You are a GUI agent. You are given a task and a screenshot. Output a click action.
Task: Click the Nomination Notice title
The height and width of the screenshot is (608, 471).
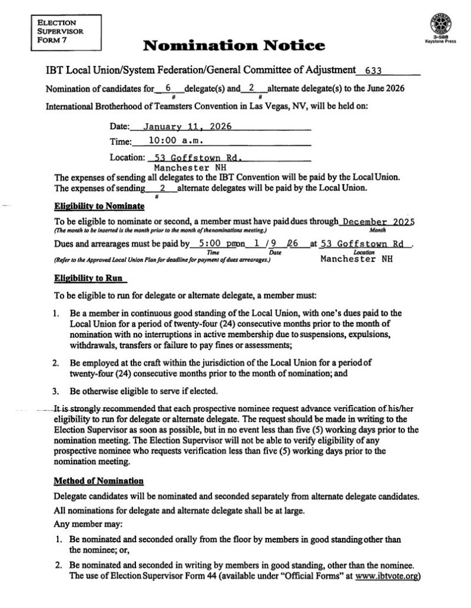(235, 45)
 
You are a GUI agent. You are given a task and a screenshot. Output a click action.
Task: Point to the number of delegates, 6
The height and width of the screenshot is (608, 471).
(169, 88)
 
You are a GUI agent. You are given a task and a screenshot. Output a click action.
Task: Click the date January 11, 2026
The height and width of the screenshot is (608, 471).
(187, 126)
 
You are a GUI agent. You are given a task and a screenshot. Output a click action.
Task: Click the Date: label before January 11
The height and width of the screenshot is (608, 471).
(119, 127)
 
